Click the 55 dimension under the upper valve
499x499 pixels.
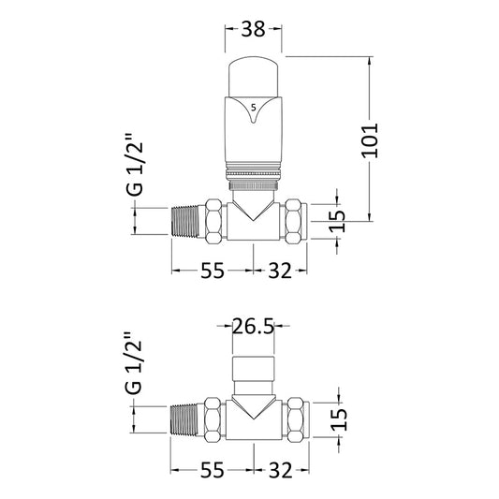(213, 272)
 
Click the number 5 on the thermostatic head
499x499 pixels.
(253, 107)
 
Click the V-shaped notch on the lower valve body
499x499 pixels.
(254, 405)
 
